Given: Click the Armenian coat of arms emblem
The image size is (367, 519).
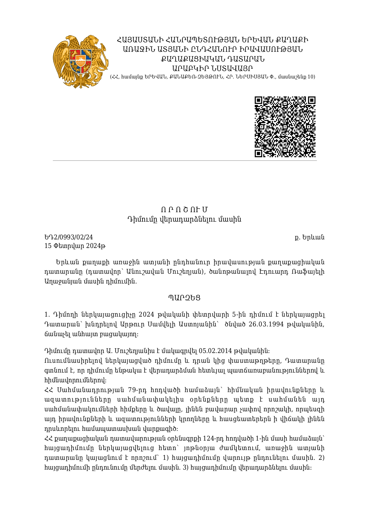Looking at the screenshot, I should tap(80, 62).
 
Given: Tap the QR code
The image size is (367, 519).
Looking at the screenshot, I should tap(285, 127).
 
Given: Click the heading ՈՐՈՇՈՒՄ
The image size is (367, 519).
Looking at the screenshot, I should tap(184, 210).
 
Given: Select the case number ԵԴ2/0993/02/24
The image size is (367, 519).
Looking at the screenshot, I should tap(69, 237).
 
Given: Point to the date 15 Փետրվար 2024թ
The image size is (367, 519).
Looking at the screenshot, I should tap(75, 246).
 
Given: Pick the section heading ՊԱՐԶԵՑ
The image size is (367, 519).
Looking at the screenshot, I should tap(184, 298).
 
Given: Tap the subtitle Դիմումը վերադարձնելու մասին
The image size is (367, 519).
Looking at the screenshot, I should tap(184, 220).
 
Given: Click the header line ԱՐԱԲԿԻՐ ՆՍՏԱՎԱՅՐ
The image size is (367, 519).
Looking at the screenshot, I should tap(212, 68).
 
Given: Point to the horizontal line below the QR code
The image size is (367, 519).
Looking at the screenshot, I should tap(185, 160).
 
